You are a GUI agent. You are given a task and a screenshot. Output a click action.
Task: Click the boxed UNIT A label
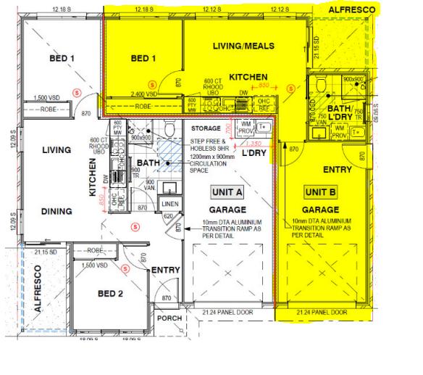tap(227, 191)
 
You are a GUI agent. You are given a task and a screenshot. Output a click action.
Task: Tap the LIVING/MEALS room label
tap(243, 46)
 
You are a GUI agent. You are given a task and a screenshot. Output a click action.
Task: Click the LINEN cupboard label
tap(169, 204)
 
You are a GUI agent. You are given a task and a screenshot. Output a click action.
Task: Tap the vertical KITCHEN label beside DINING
tap(93, 179)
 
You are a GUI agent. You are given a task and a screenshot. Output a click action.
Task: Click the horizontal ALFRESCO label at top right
tap(351, 10)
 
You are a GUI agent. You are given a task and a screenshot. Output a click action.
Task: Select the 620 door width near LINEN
tap(167, 216)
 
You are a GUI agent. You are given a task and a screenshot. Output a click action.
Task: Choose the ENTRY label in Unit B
tap(338, 170)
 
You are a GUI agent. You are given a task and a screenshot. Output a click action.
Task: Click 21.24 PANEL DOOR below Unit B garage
tap(322, 313)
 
